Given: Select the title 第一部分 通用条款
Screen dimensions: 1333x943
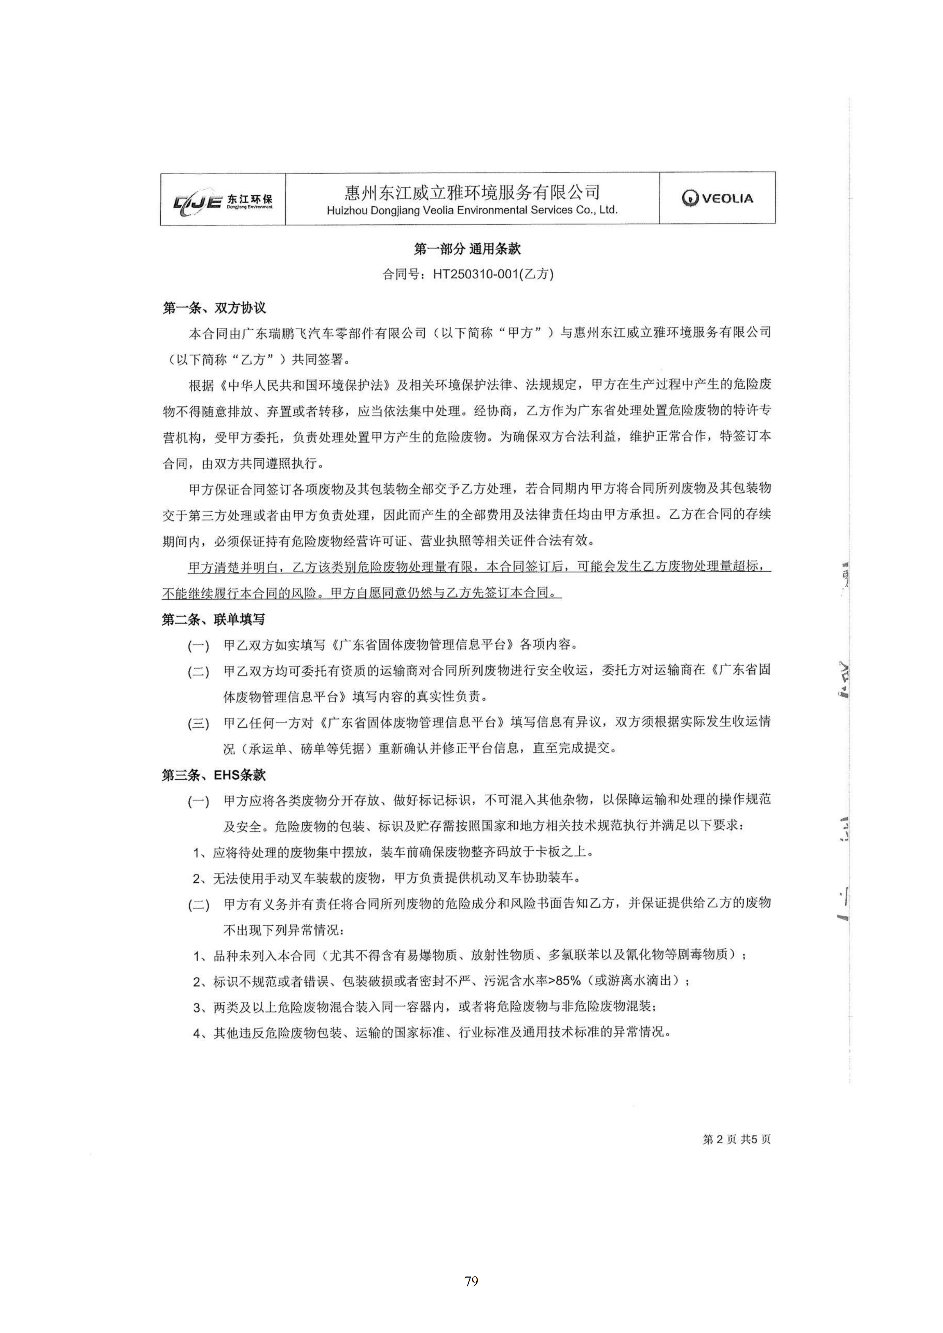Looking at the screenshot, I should (x=467, y=249).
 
